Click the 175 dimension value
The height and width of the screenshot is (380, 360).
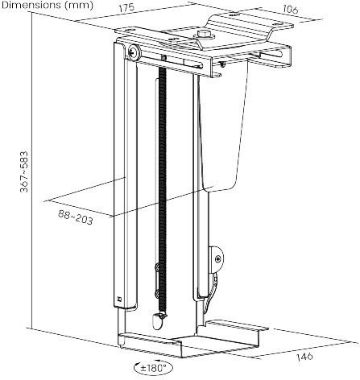click(126, 7)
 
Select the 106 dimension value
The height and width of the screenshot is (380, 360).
click(290, 10)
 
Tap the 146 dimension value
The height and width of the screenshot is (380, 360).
click(304, 357)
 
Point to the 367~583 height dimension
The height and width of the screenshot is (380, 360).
click(24, 171)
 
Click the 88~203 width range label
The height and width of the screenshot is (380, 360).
click(76, 217)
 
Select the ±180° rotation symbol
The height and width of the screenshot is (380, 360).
click(153, 367)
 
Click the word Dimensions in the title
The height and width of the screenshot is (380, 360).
click(31, 5)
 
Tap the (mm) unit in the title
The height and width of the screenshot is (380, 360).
click(79, 6)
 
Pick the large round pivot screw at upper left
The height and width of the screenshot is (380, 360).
click(134, 52)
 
